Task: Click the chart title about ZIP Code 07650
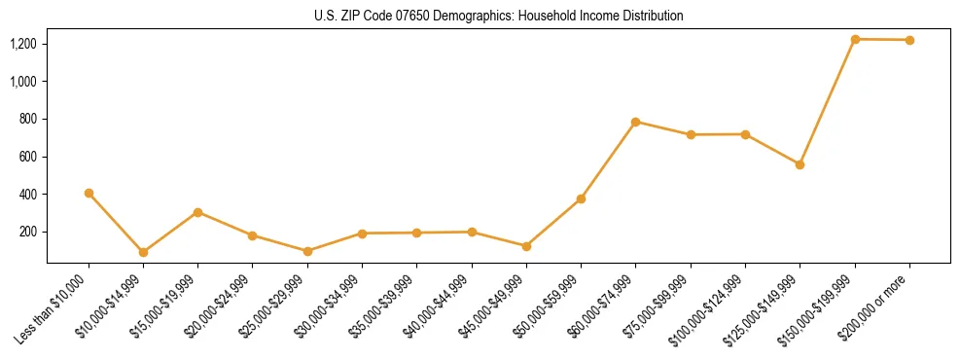click(498, 16)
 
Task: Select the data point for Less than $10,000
click(89, 193)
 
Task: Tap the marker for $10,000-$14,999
click(143, 252)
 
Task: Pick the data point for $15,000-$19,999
click(197, 212)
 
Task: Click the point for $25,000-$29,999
click(307, 251)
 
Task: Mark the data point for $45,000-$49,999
click(526, 246)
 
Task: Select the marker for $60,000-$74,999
click(635, 122)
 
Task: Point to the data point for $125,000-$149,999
click(800, 164)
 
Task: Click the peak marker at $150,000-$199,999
click(855, 39)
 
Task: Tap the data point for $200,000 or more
click(909, 40)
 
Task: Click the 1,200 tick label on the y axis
click(23, 44)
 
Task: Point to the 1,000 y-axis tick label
click(23, 82)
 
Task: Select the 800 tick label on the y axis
click(27, 119)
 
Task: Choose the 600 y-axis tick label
click(27, 157)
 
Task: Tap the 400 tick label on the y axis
click(27, 195)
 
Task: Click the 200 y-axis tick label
click(27, 232)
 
